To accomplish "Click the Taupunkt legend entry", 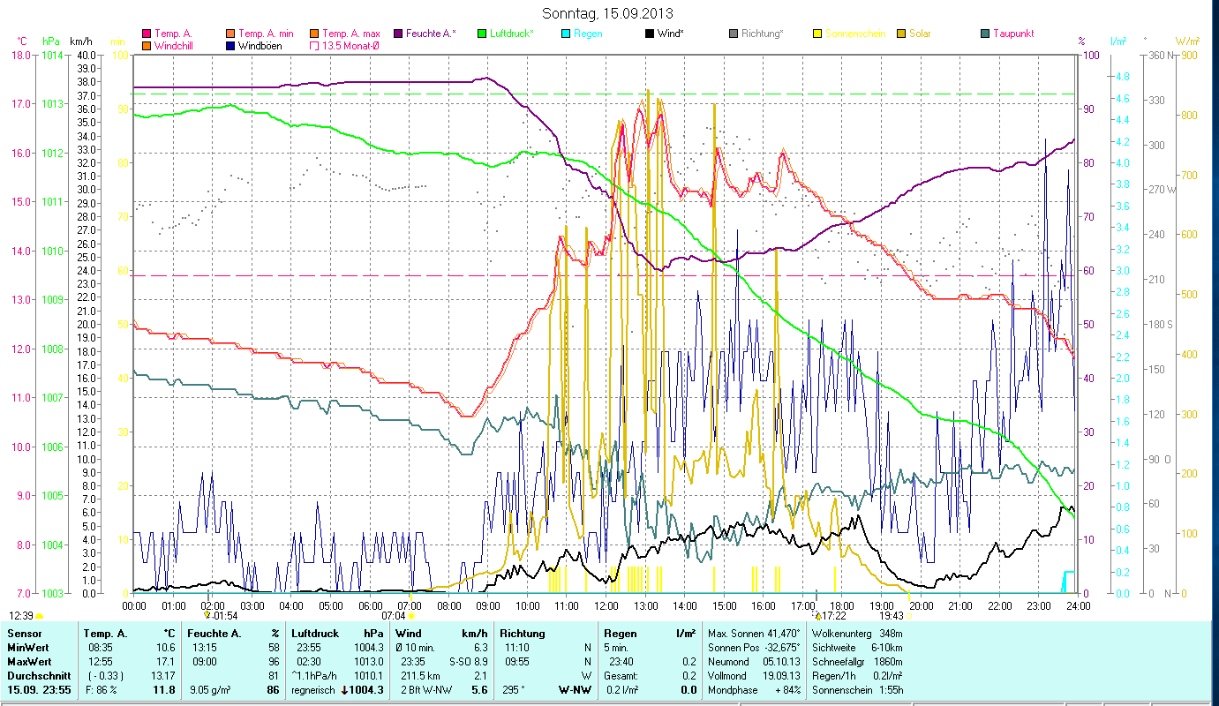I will coord(1012,34).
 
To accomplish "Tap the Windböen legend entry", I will coord(260,45).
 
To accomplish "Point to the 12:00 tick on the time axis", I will coord(606,605).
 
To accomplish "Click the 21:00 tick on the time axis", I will coord(960,605).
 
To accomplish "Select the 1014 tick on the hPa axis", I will coord(51,55).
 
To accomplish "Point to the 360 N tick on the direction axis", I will coord(1159,55).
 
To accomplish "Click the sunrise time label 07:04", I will coord(393,616).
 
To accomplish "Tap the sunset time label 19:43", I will coord(892,616).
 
